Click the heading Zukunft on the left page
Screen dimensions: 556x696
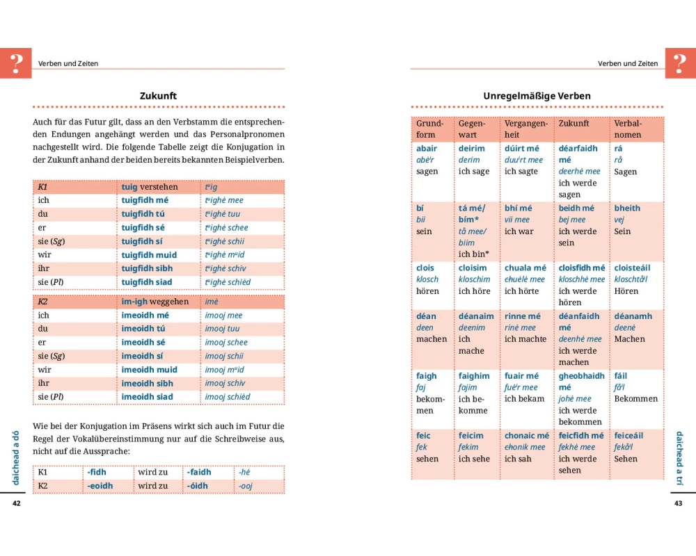click(x=158, y=96)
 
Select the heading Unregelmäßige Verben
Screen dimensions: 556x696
click(x=537, y=96)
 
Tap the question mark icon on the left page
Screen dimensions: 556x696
click(x=16, y=63)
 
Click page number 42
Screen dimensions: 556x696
click(x=17, y=503)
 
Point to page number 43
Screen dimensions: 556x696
click(x=679, y=503)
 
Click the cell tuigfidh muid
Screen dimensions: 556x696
click(x=149, y=255)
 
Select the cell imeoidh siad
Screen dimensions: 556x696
click(x=147, y=397)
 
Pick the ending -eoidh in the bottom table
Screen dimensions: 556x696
click(x=100, y=486)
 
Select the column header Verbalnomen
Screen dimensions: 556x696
click(x=628, y=129)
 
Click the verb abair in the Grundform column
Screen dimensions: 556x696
click(x=427, y=149)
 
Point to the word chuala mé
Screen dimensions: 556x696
click(x=525, y=268)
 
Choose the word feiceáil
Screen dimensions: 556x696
click(x=628, y=436)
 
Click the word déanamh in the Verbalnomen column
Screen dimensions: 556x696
click(x=633, y=316)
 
